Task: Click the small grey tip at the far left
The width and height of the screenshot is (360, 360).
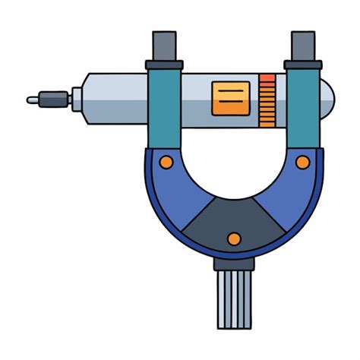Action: click(x=33, y=99)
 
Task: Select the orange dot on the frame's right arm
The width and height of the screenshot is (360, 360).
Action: click(x=302, y=162)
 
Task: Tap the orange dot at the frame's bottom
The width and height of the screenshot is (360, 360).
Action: click(x=234, y=239)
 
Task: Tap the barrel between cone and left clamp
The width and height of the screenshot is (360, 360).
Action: click(x=114, y=97)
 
